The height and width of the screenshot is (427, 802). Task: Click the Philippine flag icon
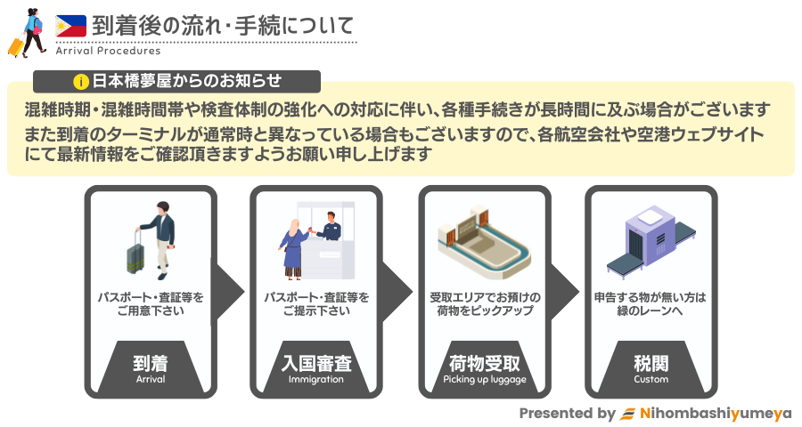[x=70, y=26]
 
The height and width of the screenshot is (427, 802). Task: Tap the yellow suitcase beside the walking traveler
[x=16, y=46]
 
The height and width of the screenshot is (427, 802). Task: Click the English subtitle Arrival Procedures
[x=108, y=50]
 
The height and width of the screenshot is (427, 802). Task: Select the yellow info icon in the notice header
[x=81, y=81]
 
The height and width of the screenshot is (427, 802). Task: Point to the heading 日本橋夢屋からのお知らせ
[x=187, y=81]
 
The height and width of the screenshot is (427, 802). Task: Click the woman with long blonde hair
[x=293, y=249]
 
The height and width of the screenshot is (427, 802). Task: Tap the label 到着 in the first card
[x=151, y=363]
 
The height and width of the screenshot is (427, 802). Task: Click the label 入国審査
[x=316, y=363]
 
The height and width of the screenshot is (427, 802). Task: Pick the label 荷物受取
[x=485, y=363]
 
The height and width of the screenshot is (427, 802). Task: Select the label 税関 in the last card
[x=651, y=363]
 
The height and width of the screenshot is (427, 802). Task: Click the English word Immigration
[x=316, y=379]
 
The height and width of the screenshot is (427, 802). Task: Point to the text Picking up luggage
[x=485, y=380]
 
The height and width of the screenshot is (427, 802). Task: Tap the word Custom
[x=651, y=379]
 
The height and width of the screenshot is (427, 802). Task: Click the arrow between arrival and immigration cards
[x=230, y=293]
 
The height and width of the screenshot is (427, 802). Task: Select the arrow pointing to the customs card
[x=565, y=293]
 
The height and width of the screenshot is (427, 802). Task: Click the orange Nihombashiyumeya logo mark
[x=627, y=414]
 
